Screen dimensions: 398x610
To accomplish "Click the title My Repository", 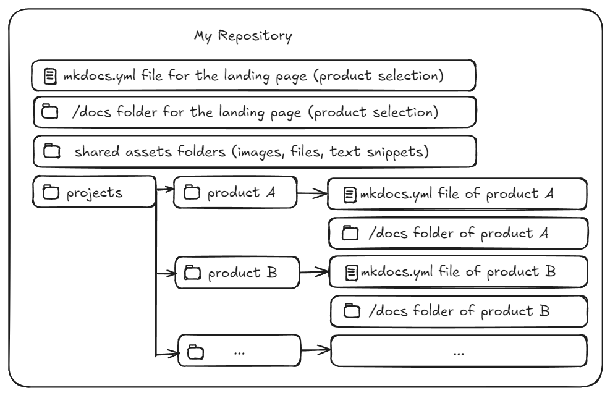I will click(x=243, y=36).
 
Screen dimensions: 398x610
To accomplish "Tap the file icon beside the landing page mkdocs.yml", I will click(x=50, y=77).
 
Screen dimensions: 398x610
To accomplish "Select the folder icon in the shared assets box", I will click(x=51, y=150).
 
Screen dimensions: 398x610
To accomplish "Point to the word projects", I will click(x=95, y=193).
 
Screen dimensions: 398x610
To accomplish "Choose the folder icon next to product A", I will click(x=192, y=193).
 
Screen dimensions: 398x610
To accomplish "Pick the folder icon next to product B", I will click(x=193, y=273).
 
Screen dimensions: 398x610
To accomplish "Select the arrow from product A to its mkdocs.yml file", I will click(x=312, y=193).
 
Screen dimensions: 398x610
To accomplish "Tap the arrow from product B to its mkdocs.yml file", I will click(x=314, y=272).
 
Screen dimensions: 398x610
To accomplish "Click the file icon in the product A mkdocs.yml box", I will click(x=349, y=196).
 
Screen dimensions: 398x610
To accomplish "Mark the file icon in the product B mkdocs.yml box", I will click(x=351, y=273).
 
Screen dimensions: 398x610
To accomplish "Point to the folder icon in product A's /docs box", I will click(x=350, y=233).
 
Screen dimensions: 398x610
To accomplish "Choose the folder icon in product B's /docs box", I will click(x=352, y=311).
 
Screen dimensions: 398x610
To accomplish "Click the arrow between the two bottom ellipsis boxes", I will click(x=316, y=351).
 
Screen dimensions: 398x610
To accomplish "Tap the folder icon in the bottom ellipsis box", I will click(x=195, y=352).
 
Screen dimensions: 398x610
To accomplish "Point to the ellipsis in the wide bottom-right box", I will click(x=459, y=352).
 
